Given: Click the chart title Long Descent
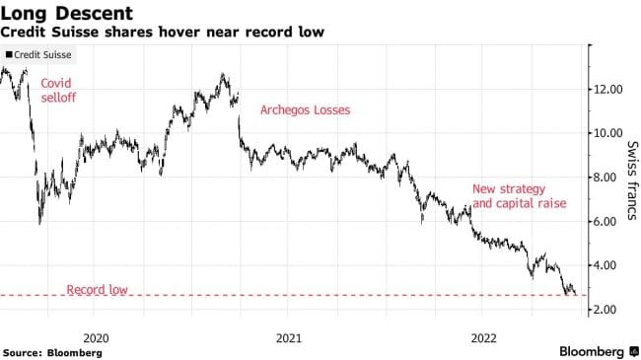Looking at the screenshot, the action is point(67,13).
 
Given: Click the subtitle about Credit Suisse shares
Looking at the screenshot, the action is point(163,32).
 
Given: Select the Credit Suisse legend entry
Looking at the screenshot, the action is point(38,55).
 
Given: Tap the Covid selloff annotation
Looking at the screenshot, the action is point(58,91).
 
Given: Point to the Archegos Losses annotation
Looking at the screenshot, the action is point(306,110).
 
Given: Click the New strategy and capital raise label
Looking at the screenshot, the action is point(519,196).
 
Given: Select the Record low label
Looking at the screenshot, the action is point(98,290).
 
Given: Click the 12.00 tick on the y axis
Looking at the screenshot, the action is point(608,89).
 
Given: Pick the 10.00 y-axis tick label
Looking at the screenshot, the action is point(608,133).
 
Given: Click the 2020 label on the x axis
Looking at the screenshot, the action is point(96,338).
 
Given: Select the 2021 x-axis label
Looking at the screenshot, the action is point(289,338).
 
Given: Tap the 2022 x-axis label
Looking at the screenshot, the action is point(484,338).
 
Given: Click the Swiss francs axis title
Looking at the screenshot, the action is point(632,180).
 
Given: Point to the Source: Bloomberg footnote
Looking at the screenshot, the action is point(52,353).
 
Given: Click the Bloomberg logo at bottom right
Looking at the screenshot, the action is point(599,351).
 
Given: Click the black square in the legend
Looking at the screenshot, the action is point(9,54).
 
